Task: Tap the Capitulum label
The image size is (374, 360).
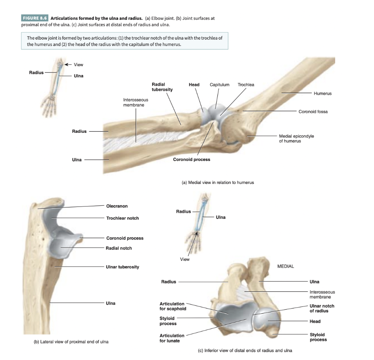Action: (x=219, y=85)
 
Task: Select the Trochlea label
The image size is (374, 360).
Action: (x=246, y=85)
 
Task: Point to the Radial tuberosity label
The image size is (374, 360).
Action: (x=162, y=87)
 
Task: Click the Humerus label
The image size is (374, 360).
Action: (x=322, y=94)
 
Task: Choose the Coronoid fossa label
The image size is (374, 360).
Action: (x=313, y=112)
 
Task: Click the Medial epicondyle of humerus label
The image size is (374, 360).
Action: (x=296, y=138)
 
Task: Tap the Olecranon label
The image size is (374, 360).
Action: (x=117, y=206)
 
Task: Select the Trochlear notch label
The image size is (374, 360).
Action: (x=122, y=218)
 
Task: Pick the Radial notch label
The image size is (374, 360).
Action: (x=119, y=248)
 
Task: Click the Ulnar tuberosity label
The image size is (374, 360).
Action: (x=122, y=267)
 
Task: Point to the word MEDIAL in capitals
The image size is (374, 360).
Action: (x=286, y=266)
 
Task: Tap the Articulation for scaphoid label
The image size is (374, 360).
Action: (x=172, y=306)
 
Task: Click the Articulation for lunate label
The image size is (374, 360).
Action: (x=172, y=338)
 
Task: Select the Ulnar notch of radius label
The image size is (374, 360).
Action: (x=322, y=308)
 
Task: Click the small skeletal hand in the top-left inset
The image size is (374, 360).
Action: (x=49, y=104)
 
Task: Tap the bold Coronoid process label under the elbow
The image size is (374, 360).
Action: (x=192, y=159)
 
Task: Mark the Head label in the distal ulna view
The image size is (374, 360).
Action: (x=315, y=322)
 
